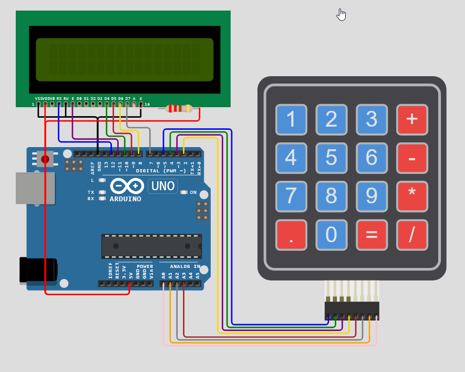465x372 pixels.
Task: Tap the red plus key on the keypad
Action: coord(412,119)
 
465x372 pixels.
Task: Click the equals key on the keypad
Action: coord(371,234)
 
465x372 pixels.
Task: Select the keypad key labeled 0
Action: coord(331,234)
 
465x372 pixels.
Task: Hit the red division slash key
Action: coord(412,234)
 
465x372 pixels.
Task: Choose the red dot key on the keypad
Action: coord(291,234)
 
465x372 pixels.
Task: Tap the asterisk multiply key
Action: coord(412,196)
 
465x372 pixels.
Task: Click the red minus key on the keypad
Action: coord(412,158)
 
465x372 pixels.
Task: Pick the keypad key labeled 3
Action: coord(371,119)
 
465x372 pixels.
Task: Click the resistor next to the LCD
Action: coord(179,109)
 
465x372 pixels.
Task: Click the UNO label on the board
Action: coord(163,186)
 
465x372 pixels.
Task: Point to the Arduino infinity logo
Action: coord(127,186)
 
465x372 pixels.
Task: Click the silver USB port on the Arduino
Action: coord(35,188)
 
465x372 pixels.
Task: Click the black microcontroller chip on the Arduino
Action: coord(151,246)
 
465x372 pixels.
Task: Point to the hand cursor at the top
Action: coord(342,15)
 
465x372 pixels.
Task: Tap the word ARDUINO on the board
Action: coord(125,199)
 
